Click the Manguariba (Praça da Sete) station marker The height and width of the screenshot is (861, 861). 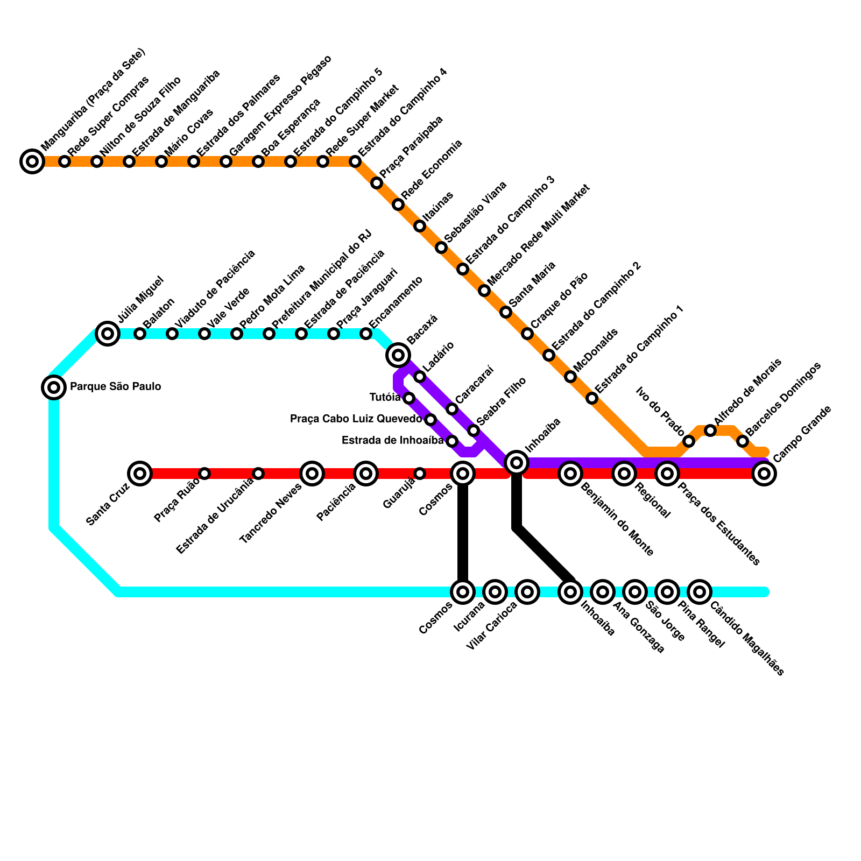pos(32,161)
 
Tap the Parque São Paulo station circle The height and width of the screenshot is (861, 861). pos(54,387)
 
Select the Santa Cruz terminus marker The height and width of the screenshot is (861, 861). pos(140,474)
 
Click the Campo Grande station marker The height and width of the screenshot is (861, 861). pos(764,474)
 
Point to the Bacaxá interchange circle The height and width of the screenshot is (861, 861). pos(398,355)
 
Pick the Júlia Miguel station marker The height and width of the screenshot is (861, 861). pos(108,334)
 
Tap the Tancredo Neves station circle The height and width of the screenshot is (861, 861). pos(312,474)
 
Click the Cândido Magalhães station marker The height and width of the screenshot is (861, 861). pos(700,592)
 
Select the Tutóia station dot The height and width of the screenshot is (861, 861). pos(409,398)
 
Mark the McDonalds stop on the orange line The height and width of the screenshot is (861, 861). pos(570,377)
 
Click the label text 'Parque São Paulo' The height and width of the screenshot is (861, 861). pos(116,386)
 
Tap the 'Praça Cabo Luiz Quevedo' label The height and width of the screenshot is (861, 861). pos(356,419)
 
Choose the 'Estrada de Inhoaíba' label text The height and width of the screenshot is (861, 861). pos(392,441)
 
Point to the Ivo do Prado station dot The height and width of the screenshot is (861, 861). pos(689,441)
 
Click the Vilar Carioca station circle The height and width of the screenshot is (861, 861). pos(527,592)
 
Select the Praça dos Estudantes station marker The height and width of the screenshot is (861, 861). pos(667,474)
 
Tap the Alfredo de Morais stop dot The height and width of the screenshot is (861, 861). pos(710,430)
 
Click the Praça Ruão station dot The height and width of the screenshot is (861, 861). pos(204,474)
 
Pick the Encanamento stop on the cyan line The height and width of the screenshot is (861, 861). pos(366,334)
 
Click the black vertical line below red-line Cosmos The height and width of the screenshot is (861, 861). pos(463,533)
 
